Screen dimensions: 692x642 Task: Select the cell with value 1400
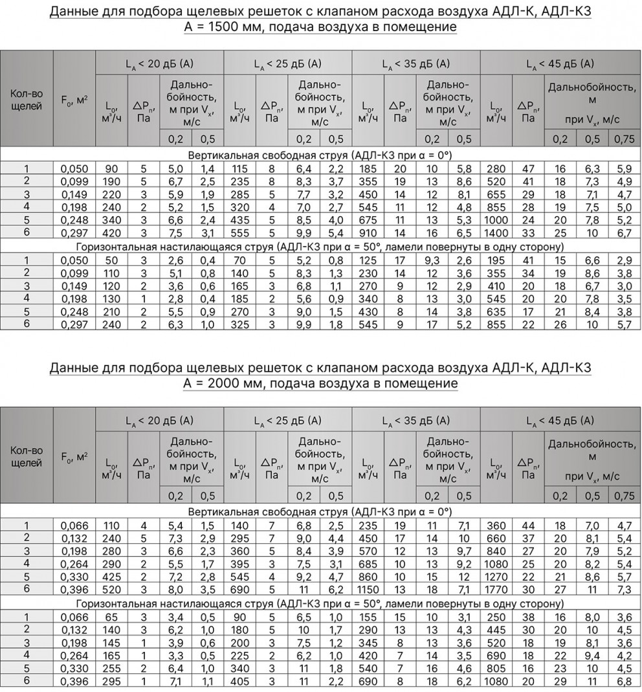[496, 232]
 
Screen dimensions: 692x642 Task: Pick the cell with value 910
[368, 232]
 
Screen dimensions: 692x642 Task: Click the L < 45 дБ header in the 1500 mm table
[560, 64]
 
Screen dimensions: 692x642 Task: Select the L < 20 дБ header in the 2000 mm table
[160, 420]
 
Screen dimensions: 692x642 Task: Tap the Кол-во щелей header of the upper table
[27, 100]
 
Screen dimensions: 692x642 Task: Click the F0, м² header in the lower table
[74, 457]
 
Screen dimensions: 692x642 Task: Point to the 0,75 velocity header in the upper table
[624, 139]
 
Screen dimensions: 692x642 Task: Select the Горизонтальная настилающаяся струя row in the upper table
[320, 246]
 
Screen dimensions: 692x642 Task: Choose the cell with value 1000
[496, 219]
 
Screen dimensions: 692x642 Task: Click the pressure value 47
[528, 168]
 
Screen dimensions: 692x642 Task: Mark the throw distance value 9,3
[432, 260]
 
